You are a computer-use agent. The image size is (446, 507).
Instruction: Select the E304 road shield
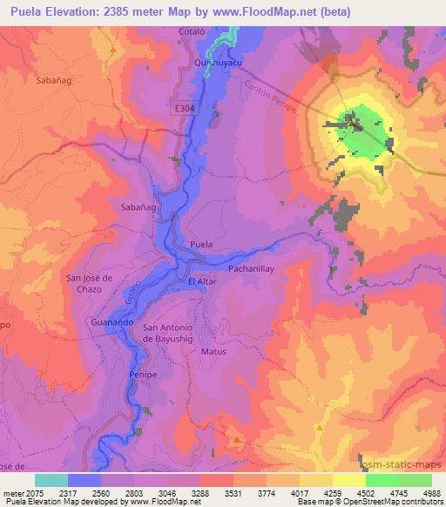tap(181, 106)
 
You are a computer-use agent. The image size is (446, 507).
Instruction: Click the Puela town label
tap(201, 245)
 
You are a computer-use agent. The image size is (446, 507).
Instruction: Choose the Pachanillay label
tap(252, 269)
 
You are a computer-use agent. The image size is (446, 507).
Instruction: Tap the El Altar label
tap(202, 282)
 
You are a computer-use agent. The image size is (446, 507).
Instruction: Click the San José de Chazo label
tap(91, 282)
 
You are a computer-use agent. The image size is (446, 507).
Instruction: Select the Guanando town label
tap(111, 322)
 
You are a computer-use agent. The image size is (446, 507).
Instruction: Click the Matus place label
tap(213, 352)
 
